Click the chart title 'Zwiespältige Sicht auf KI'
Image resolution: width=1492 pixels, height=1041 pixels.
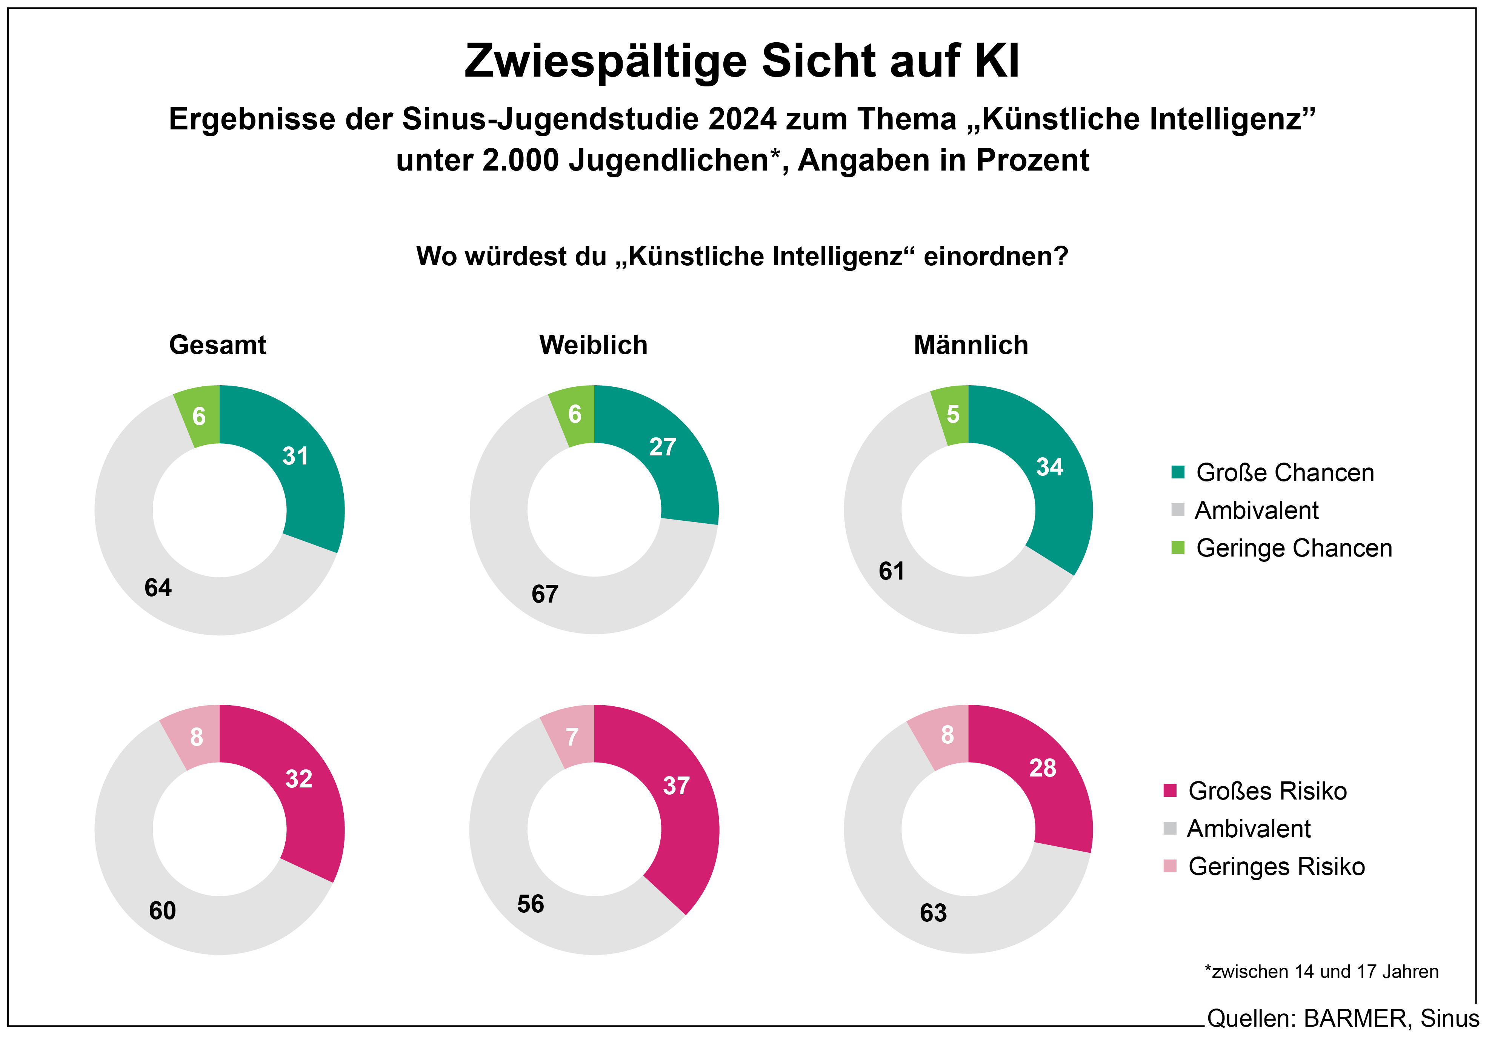coord(741,61)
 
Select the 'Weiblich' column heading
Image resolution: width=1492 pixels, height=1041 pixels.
coord(593,345)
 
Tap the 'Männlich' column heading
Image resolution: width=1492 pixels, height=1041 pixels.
coord(971,345)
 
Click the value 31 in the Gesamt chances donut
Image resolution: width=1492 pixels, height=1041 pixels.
coord(295,456)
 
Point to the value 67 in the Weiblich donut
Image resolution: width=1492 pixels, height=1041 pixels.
coord(545,594)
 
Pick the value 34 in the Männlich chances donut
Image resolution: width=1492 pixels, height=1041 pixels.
coord(1049,467)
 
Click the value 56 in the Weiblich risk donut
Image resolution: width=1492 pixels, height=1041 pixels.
coord(530,904)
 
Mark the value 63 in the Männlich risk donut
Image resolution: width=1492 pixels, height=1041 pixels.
coord(933,913)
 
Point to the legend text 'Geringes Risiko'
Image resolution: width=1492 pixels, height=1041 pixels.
coord(1276,867)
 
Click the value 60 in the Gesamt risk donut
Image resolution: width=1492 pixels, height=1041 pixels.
coord(163,910)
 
